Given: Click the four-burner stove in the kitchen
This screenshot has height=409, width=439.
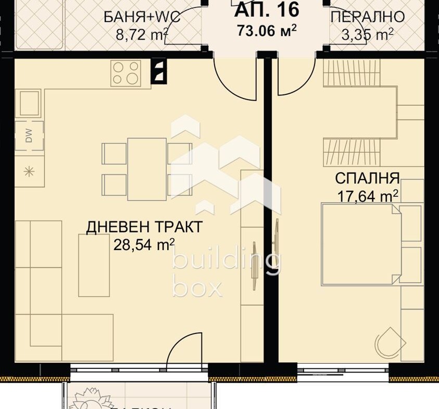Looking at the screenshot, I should (126, 72).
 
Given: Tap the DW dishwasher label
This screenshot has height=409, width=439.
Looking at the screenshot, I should (29, 136).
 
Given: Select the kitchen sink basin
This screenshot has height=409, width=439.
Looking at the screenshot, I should (30, 103).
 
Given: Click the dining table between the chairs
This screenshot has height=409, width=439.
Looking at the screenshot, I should (147, 169).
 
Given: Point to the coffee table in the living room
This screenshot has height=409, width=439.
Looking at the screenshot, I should (94, 265).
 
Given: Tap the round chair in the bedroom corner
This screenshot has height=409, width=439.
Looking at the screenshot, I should (390, 342).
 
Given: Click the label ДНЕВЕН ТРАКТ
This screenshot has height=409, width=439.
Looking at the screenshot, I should (144, 227).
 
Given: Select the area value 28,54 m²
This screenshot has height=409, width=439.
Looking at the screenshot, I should (144, 244).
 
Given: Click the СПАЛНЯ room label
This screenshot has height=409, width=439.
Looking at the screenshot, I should (367, 179).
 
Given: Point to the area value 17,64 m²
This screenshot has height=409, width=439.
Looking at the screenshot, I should (368, 195).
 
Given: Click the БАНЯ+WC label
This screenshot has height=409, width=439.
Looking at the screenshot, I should (142, 17).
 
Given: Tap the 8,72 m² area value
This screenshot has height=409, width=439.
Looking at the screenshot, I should (142, 35).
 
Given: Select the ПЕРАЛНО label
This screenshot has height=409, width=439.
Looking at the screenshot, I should (368, 17).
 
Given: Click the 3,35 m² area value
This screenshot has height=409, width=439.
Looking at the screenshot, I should (368, 35).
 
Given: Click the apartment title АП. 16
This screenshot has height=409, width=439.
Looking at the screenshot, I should (267, 9).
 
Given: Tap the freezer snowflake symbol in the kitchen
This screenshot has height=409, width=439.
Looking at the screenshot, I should (29, 171).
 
